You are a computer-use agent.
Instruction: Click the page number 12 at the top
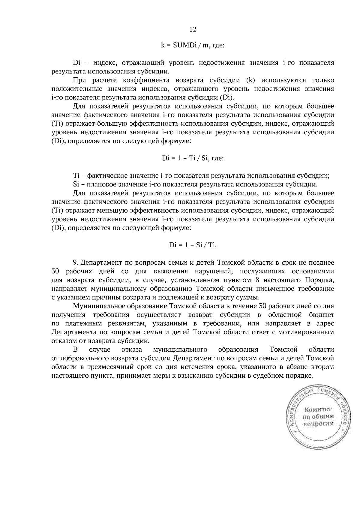[193, 29]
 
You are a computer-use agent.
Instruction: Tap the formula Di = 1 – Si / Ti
[193, 245]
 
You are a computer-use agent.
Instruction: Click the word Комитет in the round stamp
[318, 409]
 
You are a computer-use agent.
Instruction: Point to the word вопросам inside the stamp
[318, 424]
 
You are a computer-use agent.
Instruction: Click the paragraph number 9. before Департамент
[76, 263]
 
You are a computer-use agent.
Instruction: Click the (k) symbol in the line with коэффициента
[250, 80]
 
